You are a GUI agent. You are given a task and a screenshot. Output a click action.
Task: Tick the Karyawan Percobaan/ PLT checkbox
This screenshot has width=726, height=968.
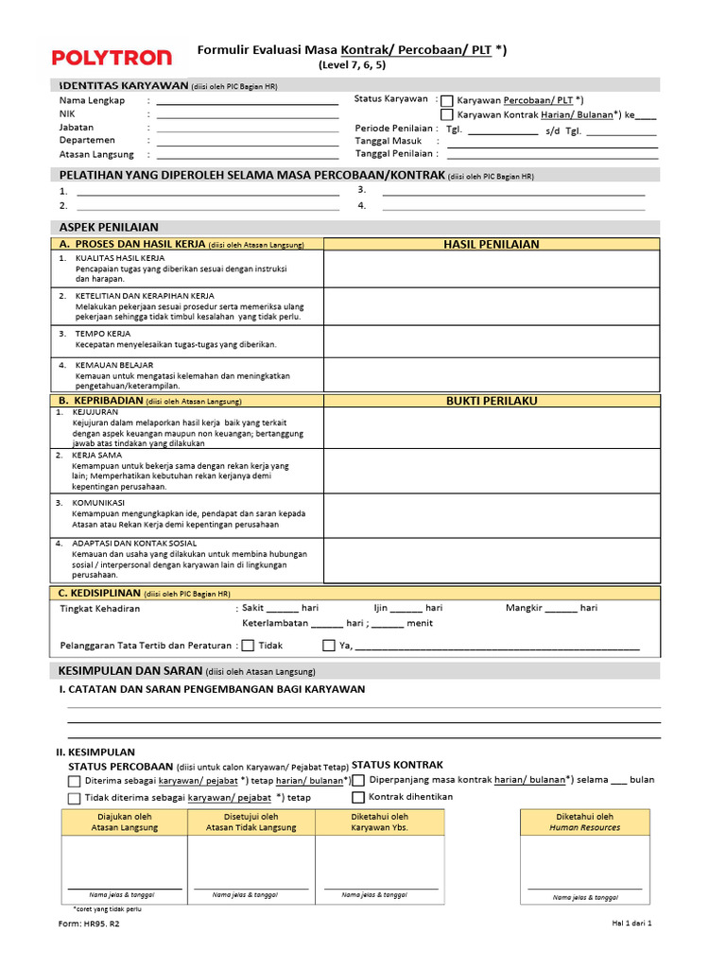point(447,100)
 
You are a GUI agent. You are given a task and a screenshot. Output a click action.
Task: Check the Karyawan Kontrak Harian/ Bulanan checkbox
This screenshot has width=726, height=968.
point(447,114)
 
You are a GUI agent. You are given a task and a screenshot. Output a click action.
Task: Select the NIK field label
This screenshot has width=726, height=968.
point(67,113)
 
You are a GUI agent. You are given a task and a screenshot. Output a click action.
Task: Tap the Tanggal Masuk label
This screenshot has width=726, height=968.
point(389,141)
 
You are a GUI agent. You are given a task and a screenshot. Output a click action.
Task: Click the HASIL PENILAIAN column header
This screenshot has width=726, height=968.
point(492,244)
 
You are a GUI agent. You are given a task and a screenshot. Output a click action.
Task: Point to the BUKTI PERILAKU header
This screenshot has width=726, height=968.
point(492,401)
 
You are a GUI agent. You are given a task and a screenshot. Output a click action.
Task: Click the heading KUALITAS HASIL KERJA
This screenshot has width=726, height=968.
point(120,258)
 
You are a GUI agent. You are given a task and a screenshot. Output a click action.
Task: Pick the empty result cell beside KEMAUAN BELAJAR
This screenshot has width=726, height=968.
point(492,375)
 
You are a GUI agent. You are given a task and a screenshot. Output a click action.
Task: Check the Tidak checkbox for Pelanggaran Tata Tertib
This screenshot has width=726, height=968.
point(248,647)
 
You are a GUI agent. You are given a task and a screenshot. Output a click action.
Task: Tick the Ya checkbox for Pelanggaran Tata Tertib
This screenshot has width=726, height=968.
point(329,647)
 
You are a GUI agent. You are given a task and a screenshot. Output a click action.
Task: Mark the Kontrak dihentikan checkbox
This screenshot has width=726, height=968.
point(358,797)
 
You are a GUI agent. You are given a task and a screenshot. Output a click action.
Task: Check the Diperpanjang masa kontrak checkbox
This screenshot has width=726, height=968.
point(358,781)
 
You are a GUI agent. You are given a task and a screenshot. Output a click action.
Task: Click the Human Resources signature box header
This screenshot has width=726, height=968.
point(584,822)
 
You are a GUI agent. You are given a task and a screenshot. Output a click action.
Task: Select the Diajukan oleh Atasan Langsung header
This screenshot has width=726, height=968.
point(125,822)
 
